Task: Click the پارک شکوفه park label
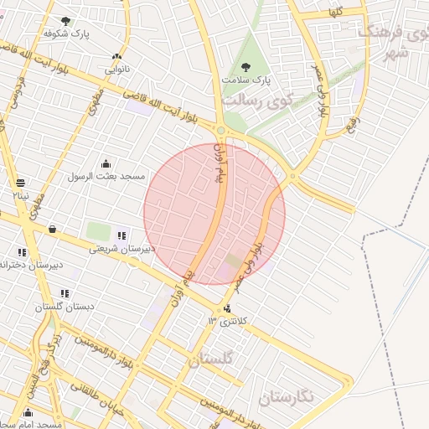[66, 34]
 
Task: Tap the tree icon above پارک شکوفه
[66, 21]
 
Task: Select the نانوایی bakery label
[116, 71]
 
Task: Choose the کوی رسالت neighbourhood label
[256, 100]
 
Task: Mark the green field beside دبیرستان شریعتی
[99, 231]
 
